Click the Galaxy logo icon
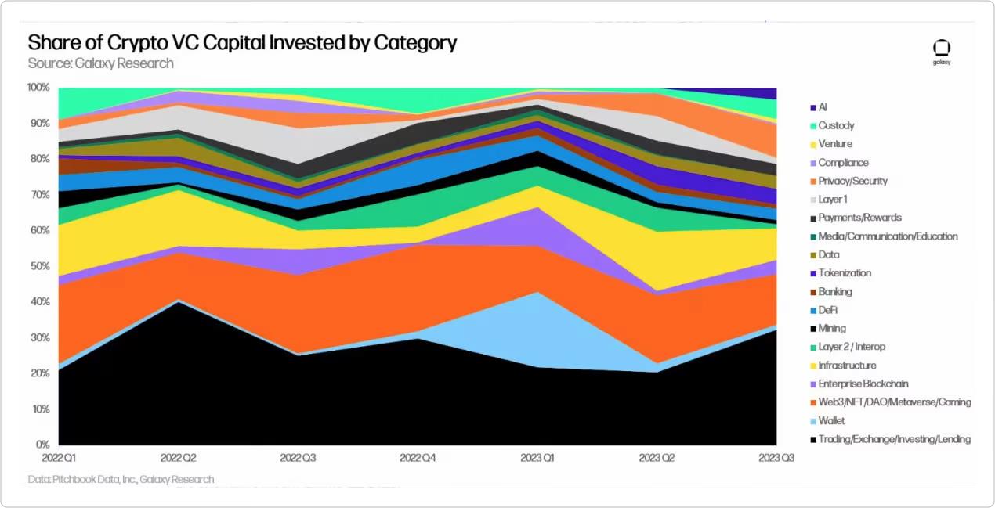click(941, 49)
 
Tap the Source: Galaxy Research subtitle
click(100, 63)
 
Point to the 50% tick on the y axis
click(39, 266)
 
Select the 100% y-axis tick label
click(38, 87)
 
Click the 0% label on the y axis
click(43, 445)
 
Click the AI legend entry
click(823, 107)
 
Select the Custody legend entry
click(836, 125)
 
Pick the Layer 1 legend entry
click(833, 200)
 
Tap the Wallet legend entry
click(831, 421)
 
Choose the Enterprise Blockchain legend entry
click(863, 384)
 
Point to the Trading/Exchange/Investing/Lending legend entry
click(894, 439)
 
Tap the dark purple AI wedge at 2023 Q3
click(764, 93)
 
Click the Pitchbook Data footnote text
click(121, 479)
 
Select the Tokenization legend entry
click(845, 273)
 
